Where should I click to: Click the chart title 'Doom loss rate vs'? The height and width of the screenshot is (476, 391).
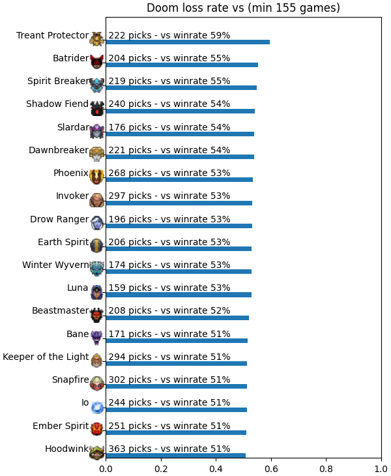195,8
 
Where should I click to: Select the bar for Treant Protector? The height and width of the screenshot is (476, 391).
188,42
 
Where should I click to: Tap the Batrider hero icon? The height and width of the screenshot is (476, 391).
96,62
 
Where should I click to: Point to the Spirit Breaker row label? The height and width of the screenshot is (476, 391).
58,81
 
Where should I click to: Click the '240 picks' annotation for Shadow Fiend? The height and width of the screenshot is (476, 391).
130,104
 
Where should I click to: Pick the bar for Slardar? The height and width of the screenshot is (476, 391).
180,134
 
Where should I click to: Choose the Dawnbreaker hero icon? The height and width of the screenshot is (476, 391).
96,154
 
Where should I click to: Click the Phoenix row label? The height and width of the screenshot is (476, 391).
71,173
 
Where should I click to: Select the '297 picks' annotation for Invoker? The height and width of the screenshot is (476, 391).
130,196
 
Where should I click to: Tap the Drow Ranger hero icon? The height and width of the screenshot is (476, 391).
96,223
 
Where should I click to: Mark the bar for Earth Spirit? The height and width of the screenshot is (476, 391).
179,249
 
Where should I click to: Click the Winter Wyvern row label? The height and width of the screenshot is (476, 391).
55,265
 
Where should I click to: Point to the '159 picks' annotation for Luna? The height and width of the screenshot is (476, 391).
130,288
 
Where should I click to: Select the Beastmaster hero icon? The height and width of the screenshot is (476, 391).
96,315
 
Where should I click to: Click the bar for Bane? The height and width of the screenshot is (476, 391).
177,340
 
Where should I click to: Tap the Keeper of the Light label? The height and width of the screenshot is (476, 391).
46,357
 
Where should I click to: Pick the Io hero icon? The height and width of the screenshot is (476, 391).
97,407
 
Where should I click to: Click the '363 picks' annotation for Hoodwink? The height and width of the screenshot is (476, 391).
130,449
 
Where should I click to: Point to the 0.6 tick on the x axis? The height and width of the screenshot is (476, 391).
271,469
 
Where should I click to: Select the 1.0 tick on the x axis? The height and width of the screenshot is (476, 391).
381,469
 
